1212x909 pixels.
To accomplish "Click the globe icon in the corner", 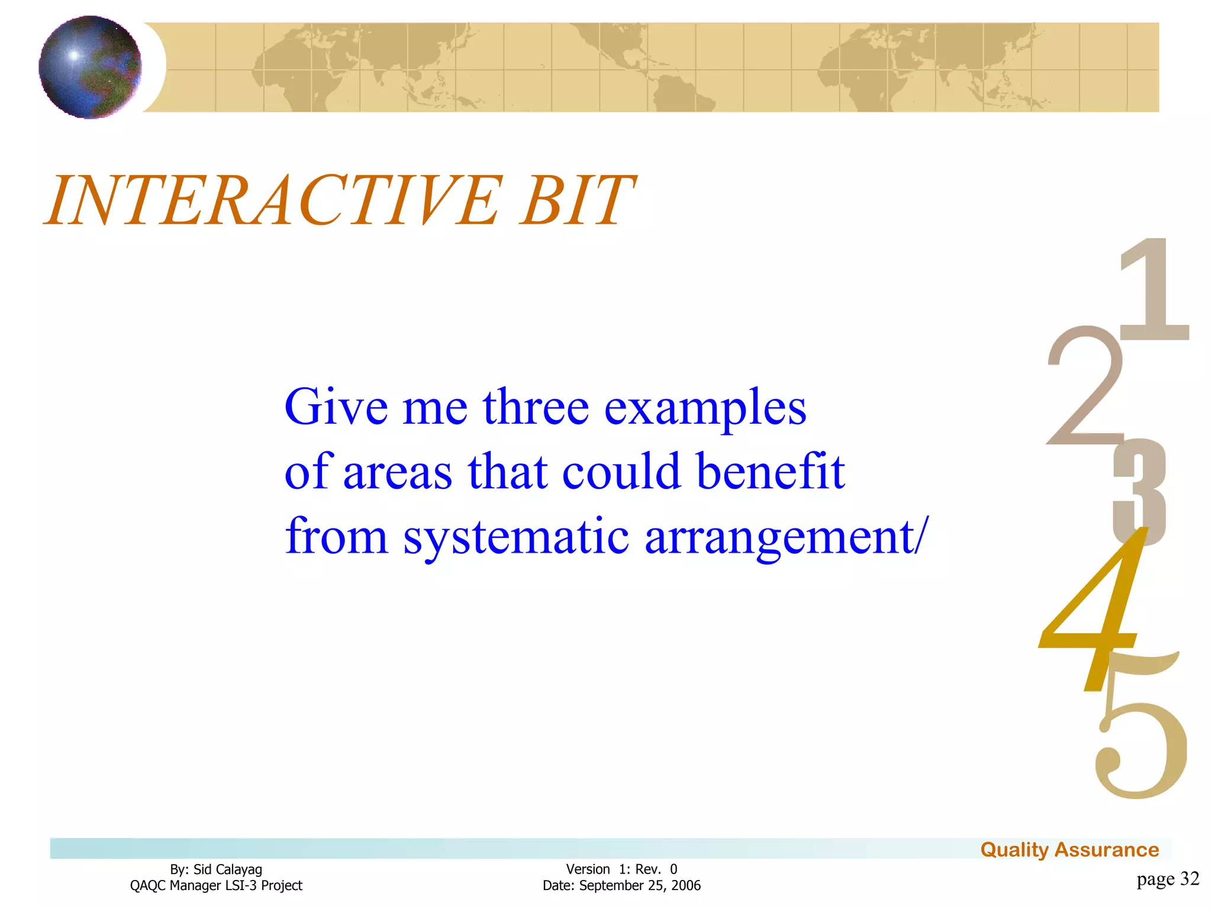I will (x=90, y=67).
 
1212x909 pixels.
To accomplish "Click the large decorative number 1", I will (x=1154, y=290).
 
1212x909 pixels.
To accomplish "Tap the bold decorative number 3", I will (x=1139, y=491).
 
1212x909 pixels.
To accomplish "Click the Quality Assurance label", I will (x=1069, y=850).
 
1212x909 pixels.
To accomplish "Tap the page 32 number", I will (x=1167, y=879).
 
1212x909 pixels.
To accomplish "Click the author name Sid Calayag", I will (x=227, y=869).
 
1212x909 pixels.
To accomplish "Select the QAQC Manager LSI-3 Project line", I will (x=216, y=885).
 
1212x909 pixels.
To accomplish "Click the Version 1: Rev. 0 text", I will (x=621, y=869).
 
